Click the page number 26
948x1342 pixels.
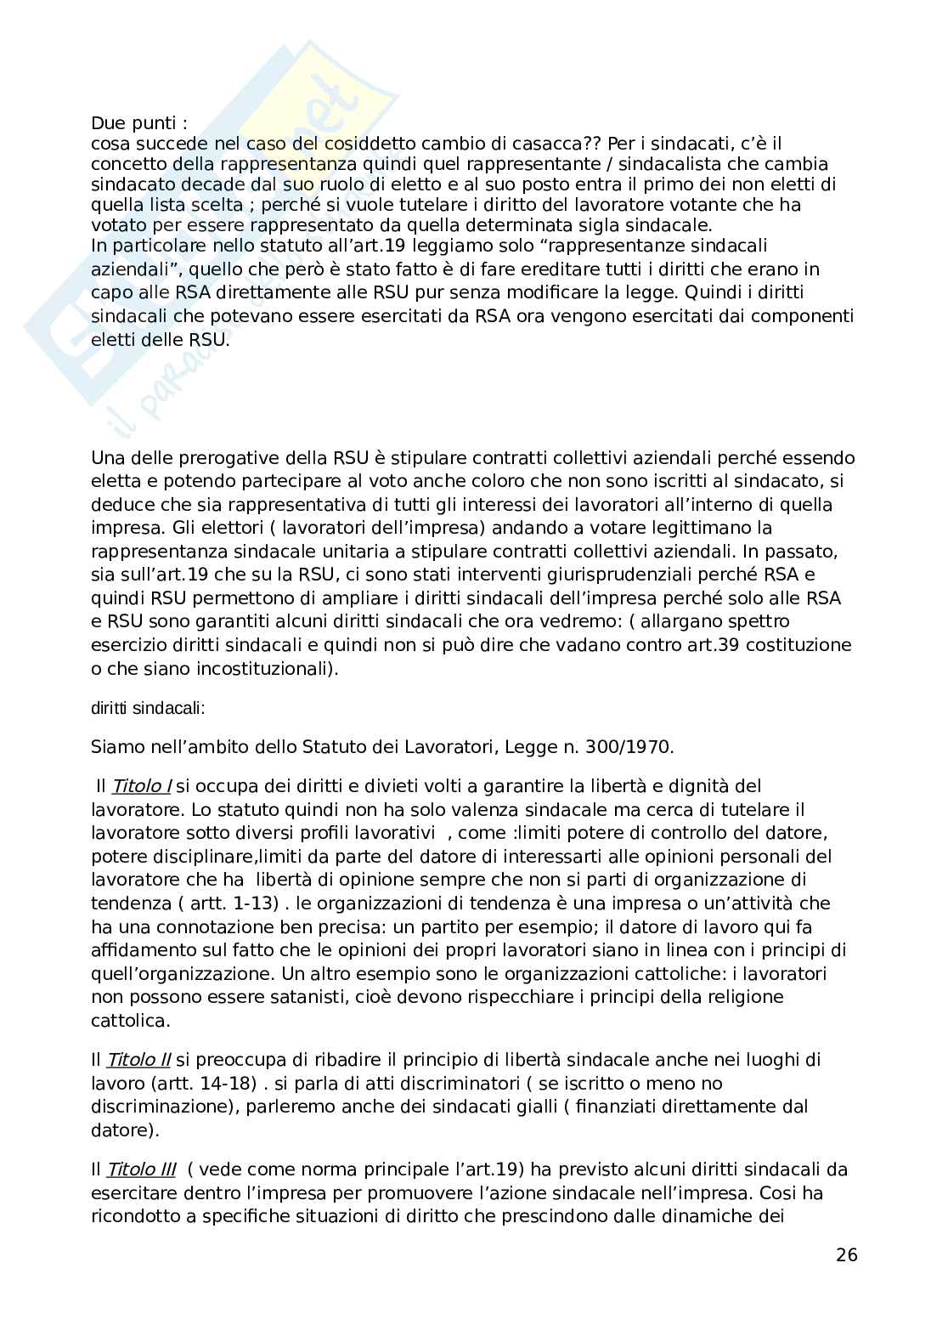tap(847, 1254)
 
